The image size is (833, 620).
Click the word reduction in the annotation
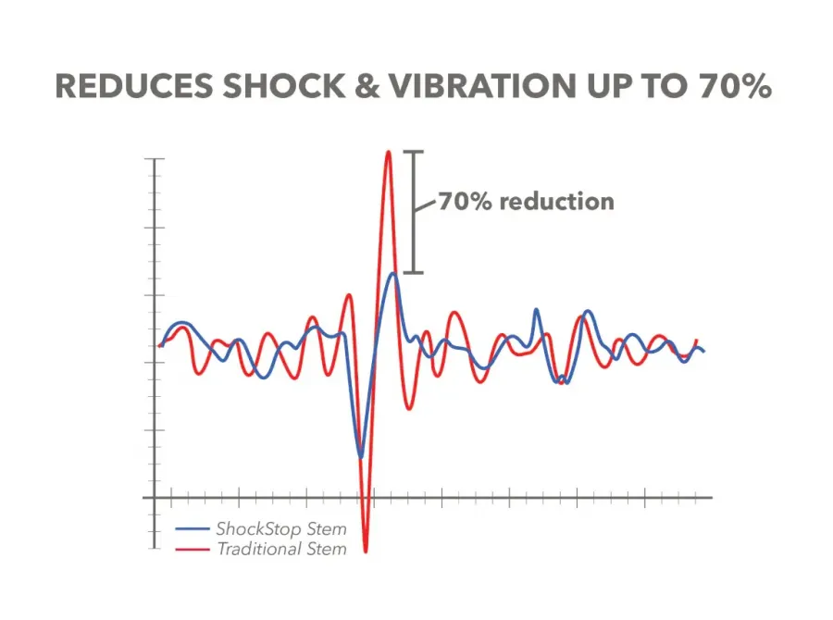pos(557,201)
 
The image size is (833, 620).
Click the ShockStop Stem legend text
pos(281,530)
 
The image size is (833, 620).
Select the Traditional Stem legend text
pos(281,550)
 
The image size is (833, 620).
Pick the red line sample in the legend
pos(193,550)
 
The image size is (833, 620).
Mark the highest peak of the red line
pos(389,152)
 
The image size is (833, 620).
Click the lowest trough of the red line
pos(366,552)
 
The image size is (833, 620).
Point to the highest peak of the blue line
pos(393,273)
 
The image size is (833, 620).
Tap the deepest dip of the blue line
pos(361,456)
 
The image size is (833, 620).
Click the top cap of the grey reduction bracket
pos(415,152)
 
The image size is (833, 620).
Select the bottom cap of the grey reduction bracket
pos(415,273)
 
